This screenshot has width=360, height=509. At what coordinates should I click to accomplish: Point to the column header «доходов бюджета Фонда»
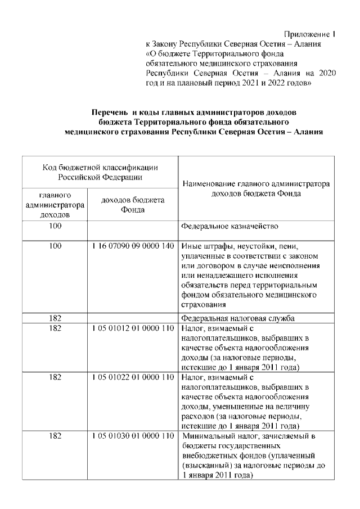point(132,205)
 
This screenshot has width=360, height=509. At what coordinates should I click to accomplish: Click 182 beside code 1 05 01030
point(55,436)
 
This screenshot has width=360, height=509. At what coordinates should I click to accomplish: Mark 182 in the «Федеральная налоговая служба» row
point(55,318)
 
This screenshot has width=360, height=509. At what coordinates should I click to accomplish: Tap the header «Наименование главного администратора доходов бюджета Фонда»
point(255,188)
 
